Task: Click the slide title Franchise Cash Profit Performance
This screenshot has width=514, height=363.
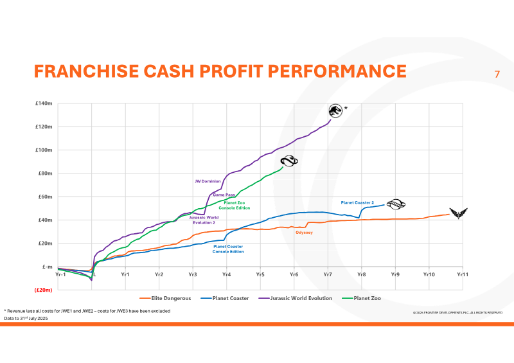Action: [220, 71]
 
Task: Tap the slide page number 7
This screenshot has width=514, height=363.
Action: [497, 75]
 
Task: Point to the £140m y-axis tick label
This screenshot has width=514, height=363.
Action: [44, 103]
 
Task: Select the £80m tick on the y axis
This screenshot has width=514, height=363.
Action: [45, 173]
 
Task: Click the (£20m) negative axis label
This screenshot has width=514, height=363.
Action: [44, 290]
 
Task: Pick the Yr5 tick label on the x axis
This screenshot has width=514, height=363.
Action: [260, 274]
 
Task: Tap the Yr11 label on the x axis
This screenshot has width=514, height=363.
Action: [461, 274]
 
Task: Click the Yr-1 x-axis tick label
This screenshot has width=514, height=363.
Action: [61, 274]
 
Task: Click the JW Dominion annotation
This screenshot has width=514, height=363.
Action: [207, 181]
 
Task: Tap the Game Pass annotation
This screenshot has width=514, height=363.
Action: [224, 194]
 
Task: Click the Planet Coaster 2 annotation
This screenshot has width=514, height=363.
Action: [357, 202]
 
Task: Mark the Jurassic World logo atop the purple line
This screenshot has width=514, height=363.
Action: [335, 110]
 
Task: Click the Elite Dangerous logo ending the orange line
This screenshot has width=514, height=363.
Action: [459, 213]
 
